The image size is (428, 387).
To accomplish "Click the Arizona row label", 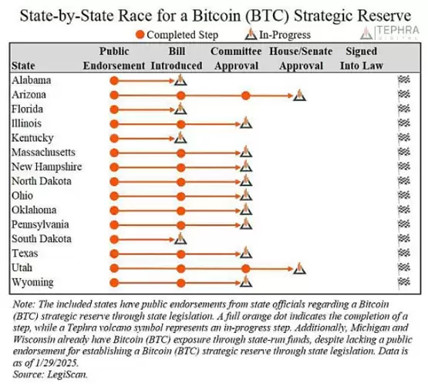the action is pos(29,95).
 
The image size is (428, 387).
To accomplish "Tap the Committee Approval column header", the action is pos(236,59).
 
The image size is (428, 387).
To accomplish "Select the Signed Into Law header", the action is pos(362,59).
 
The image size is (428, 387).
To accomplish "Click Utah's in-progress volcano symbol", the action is pos(299,268).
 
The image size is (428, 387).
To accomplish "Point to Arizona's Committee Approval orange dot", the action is pos(246,96).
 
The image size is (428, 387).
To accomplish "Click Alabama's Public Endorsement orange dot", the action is pos(114,81).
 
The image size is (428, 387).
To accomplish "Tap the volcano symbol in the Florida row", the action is pos(180,109).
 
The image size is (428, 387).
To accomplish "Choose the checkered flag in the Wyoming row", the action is pos(404,281).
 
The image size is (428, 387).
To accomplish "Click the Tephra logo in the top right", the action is pos(389,32).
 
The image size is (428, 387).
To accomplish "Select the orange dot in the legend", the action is pos(140,35).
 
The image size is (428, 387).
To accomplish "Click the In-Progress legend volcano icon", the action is pos(251,35).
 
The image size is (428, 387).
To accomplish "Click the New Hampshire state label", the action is pos(47,167).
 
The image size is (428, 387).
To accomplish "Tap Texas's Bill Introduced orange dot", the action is pos(180,254).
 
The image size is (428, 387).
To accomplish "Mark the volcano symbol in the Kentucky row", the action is pos(180,137).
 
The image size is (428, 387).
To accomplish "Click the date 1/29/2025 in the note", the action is pos(57,362).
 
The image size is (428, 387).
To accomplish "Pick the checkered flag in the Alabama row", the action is pos(404,79).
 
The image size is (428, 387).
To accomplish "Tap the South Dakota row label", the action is pos(42,239).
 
